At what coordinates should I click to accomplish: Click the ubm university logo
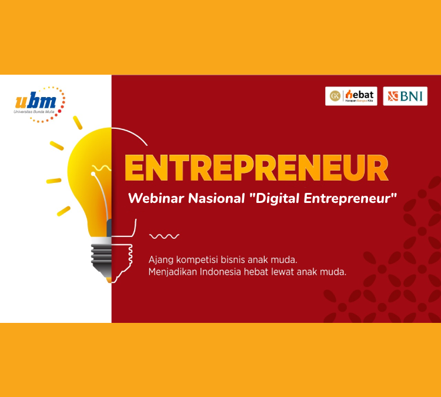click(x=39, y=105)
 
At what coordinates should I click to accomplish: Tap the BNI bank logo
click(x=405, y=96)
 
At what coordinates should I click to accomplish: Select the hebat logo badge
click(x=351, y=96)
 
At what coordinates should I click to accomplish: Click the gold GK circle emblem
click(x=335, y=96)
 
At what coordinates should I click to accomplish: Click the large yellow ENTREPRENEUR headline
click(x=256, y=168)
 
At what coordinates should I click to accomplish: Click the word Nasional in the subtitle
click(x=216, y=198)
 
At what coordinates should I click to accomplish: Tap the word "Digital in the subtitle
click(x=275, y=199)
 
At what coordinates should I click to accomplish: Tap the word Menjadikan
click(x=173, y=272)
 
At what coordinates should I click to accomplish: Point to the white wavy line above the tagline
click(x=164, y=236)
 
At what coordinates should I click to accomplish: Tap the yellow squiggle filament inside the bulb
click(x=102, y=168)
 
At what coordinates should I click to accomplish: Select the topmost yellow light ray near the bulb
click(x=78, y=123)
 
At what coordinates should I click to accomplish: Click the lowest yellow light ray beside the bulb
click(x=64, y=211)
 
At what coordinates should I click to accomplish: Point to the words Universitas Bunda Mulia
click(x=34, y=112)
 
